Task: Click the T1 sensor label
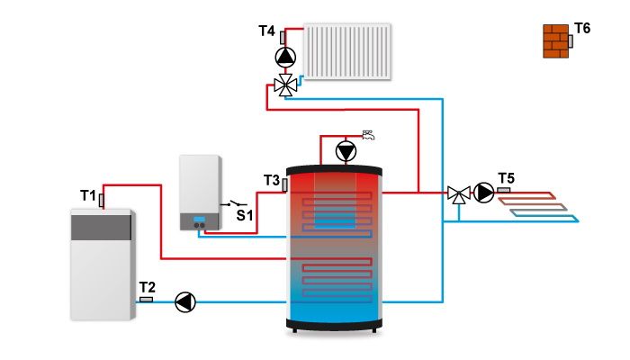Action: click(x=88, y=195)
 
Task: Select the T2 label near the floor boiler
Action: click(x=147, y=287)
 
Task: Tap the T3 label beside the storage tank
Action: click(x=272, y=180)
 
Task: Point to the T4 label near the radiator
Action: click(x=266, y=31)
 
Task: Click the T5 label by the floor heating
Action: click(x=506, y=178)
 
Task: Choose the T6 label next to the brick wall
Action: click(x=582, y=29)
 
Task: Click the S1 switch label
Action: click(x=245, y=216)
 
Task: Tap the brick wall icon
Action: click(x=555, y=41)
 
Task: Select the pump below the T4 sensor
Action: click(x=285, y=58)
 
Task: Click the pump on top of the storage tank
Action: click(x=346, y=151)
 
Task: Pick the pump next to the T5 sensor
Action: click(x=483, y=193)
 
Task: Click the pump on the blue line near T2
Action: click(x=185, y=302)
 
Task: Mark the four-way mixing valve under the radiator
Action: click(x=285, y=85)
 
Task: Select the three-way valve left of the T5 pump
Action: click(x=459, y=194)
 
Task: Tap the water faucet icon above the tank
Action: click(x=368, y=135)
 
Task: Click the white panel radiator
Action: click(x=347, y=51)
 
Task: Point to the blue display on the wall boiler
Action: click(x=199, y=219)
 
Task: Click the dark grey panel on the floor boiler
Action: click(x=101, y=228)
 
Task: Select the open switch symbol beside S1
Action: click(x=233, y=203)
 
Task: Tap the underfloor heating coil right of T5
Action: click(x=538, y=207)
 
